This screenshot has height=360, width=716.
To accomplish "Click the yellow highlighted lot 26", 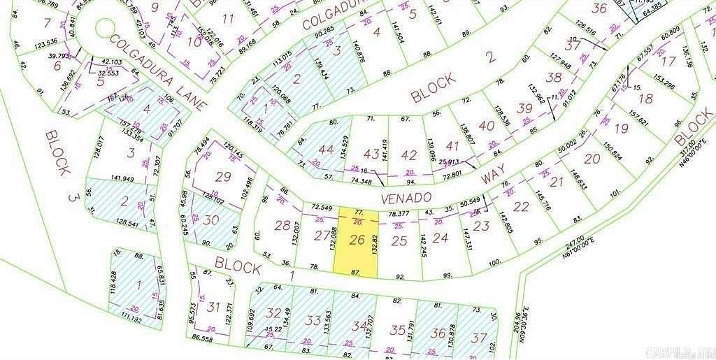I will coord(357,241).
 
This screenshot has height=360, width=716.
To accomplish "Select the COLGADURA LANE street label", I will coord(160,73).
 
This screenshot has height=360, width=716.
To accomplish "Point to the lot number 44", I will coord(326,150).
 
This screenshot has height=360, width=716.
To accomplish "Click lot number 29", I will coord(223,177).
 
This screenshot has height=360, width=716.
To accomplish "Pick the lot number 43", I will coord(372,153).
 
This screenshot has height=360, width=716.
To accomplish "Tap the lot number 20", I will coord(593,159).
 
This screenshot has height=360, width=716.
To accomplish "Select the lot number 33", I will coord(313,321).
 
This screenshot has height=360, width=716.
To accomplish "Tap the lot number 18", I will coord(645,99).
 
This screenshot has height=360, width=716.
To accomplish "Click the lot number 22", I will coord(521,207).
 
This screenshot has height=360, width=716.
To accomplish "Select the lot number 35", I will coord(398,331).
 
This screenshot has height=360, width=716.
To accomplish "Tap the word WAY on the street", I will coord(492,171).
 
